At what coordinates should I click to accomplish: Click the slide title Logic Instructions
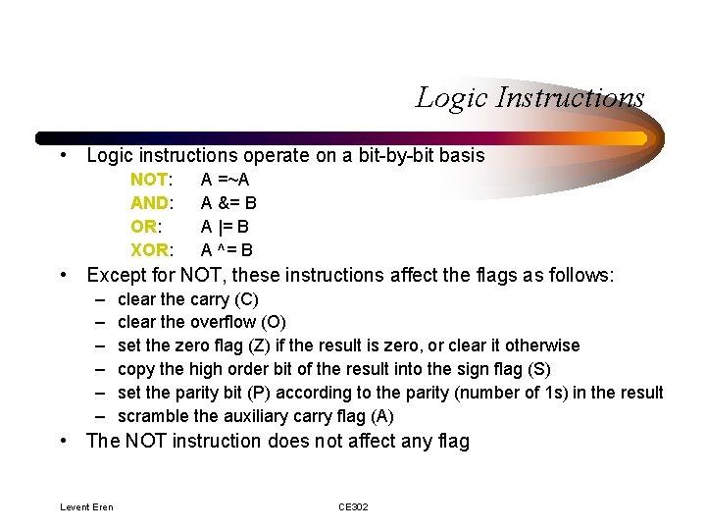click(x=529, y=98)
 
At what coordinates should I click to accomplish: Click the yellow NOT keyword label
click(x=150, y=180)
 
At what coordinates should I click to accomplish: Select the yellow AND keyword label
click(x=151, y=203)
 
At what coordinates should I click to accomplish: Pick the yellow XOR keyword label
click(x=151, y=250)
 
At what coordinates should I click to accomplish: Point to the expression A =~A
click(x=225, y=180)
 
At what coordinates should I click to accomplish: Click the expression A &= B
click(x=228, y=203)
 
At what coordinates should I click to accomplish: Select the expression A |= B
click(x=225, y=227)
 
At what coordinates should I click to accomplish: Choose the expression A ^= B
click(x=227, y=250)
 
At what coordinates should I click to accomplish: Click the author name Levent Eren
click(x=86, y=506)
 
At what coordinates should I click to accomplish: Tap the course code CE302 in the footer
click(x=353, y=506)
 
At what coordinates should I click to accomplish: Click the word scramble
click(x=151, y=416)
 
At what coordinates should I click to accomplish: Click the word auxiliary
click(x=257, y=416)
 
